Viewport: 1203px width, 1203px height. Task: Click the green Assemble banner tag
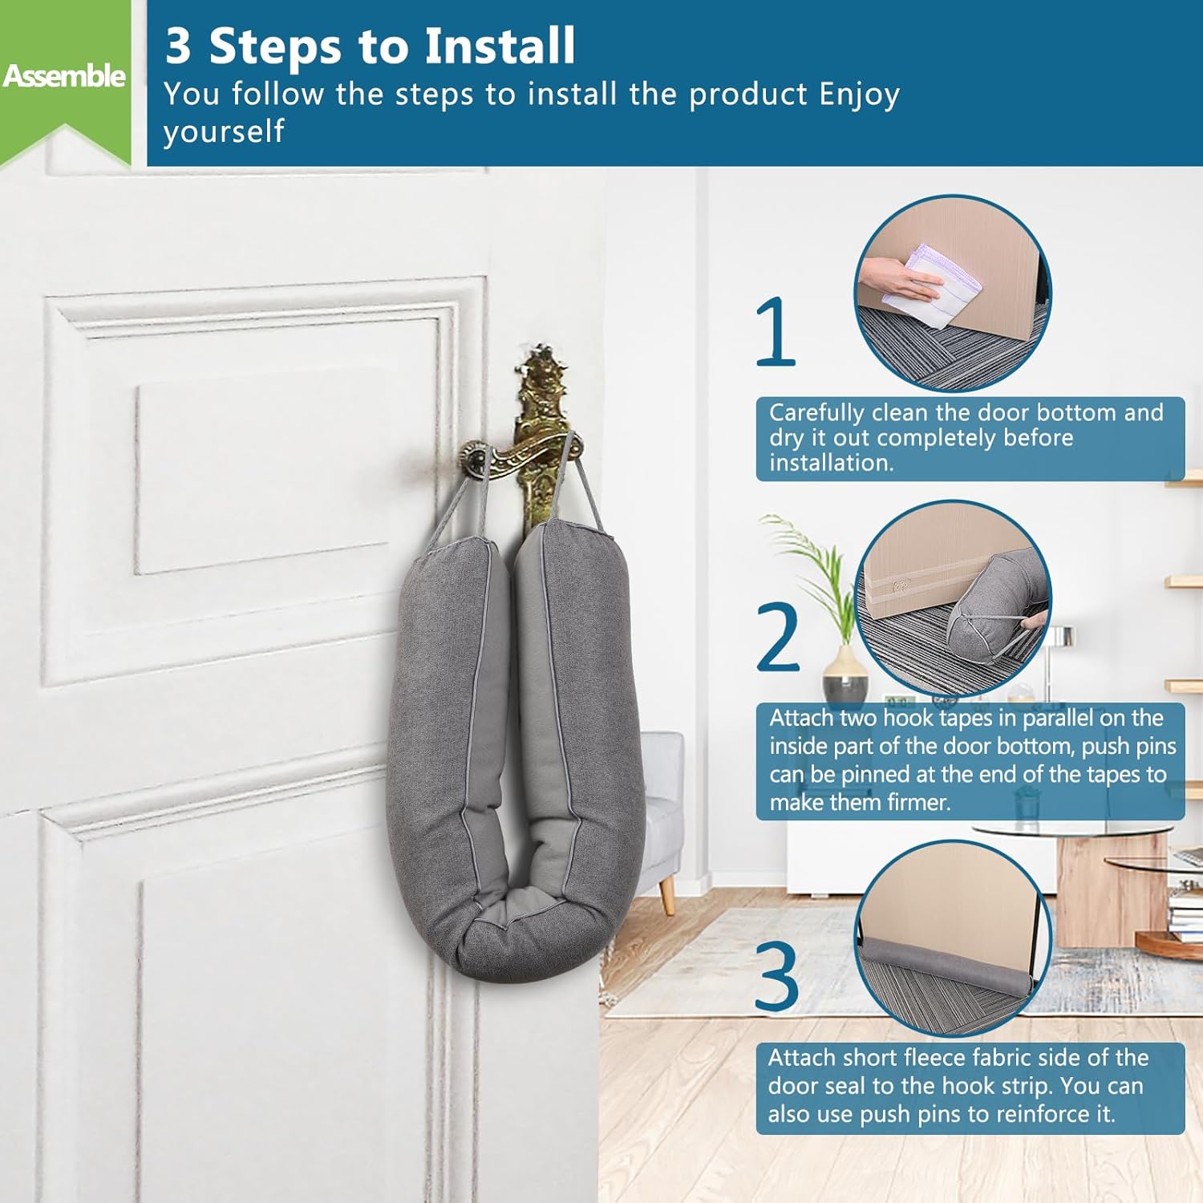point(64,80)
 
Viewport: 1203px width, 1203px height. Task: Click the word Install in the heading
point(500,46)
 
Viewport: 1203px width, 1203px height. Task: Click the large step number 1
point(776,331)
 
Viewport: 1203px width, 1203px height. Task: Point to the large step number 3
point(777,975)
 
